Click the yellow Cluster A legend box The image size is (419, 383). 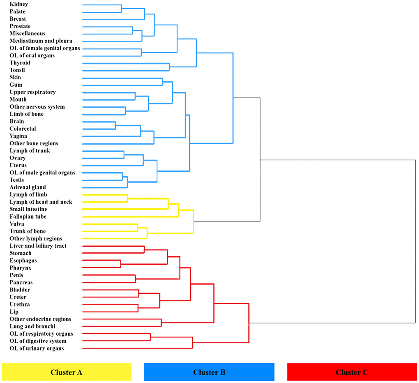pyautogui.click(x=67, y=372)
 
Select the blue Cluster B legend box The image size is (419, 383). pyautogui.click(x=209, y=372)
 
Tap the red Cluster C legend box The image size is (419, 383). pyautogui.click(x=352, y=372)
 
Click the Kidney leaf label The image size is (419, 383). pyautogui.click(x=19, y=4)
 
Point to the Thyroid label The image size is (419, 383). pyautogui.click(x=20, y=63)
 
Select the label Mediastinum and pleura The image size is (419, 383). pyautogui.click(x=41, y=41)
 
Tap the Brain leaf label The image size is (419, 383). pyautogui.click(x=17, y=121)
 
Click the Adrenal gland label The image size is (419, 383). pyautogui.click(x=28, y=187)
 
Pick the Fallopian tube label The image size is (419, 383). pyautogui.click(x=28, y=217)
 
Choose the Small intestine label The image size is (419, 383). pyautogui.click(x=28, y=209)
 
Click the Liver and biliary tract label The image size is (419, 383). pyautogui.click(x=38, y=246)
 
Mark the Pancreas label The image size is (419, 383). pyautogui.click(x=21, y=283)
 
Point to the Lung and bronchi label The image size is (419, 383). pyautogui.click(x=32, y=326)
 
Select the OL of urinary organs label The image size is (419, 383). pyautogui.click(x=37, y=348)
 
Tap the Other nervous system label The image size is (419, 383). pyautogui.click(x=37, y=107)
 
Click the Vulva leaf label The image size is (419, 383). pyautogui.click(x=17, y=224)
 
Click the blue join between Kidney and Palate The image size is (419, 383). pyautogui.click(x=122, y=8)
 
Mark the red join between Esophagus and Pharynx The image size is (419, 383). pyautogui.click(x=120, y=264)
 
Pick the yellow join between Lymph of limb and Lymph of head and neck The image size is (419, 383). pyautogui.click(x=127, y=198)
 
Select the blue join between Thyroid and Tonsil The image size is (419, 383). pyautogui.click(x=170, y=67)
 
